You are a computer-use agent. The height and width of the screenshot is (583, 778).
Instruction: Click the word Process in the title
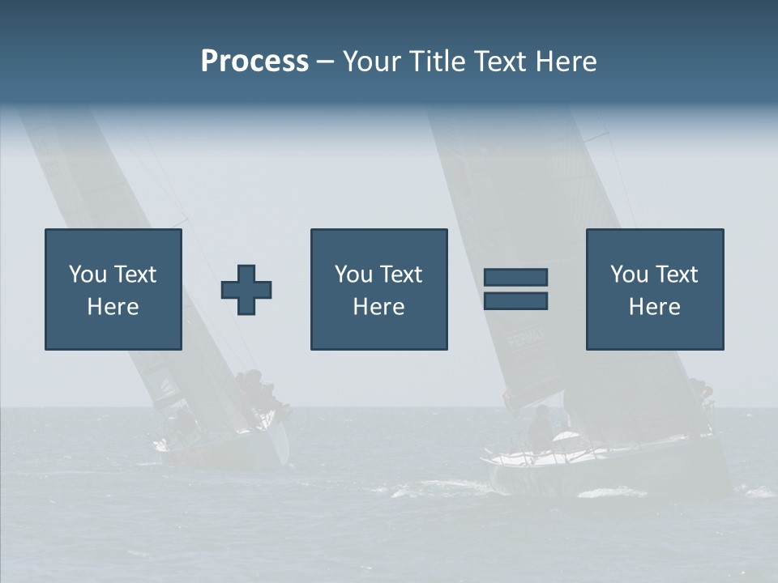point(254,62)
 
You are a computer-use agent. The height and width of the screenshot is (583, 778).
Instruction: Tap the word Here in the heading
point(566,62)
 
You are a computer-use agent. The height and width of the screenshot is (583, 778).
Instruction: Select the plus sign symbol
point(246,290)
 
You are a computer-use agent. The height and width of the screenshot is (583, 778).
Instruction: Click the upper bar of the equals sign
point(515,277)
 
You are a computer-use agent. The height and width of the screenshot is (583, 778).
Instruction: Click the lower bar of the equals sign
point(515,301)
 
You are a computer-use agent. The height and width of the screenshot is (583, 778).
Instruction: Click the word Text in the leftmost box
point(135,274)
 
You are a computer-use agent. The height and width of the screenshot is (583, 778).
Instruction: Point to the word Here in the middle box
point(379,307)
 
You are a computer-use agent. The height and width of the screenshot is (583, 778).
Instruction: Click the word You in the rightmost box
point(630,274)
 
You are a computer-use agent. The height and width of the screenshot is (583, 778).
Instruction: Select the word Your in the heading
point(370,62)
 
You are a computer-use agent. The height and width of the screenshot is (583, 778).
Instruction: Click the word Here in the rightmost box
point(655,307)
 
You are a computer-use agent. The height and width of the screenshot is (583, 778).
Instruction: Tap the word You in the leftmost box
point(88,274)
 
